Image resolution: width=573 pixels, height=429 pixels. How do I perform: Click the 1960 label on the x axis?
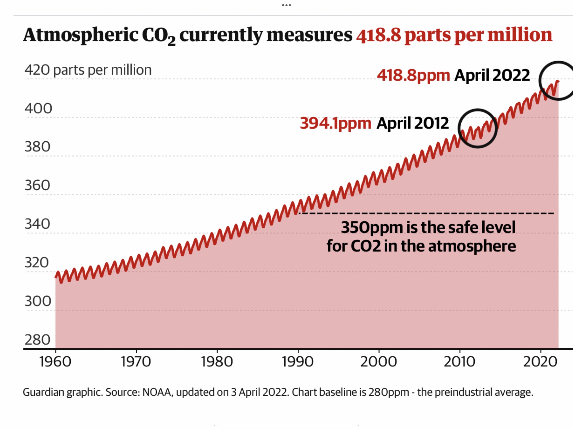[55, 362]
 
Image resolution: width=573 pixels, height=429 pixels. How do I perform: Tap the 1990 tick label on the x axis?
[298, 362]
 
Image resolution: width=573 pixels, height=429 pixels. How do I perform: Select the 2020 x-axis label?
[540, 362]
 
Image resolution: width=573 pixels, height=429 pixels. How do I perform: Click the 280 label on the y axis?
[37, 340]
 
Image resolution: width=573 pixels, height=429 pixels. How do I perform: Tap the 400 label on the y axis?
[38, 109]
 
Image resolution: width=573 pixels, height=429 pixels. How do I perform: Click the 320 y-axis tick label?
[37, 263]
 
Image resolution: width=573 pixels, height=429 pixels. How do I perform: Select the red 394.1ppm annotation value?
[335, 123]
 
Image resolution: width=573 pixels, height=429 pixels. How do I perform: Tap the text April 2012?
[412, 123]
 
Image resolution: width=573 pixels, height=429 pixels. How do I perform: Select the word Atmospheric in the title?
[81, 35]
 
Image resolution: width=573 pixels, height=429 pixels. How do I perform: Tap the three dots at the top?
[286, 5]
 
